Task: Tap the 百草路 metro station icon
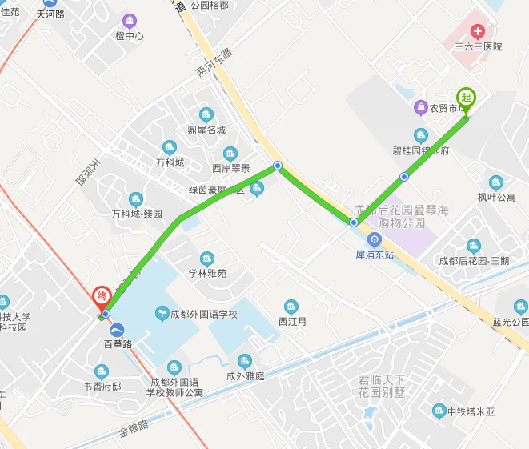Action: pyautogui.click(x=118, y=329)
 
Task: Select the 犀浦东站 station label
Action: pyautogui.click(x=375, y=255)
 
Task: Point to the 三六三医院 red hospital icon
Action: pyautogui.click(x=478, y=32)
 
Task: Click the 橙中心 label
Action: pyautogui.click(x=130, y=36)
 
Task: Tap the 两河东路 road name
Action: pyautogui.click(x=214, y=64)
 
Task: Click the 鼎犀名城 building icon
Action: pyautogui.click(x=206, y=114)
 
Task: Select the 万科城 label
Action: pyautogui.click(x=170, y=162)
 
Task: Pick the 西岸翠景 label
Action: pyautogui.click(x=230, y=168)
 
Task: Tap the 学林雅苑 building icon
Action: pyautogui.click(x=207, y=259)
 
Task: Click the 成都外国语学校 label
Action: pyautogui.click(x=203, y=314)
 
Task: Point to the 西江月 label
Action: pyautogui.click(x=292, y=322)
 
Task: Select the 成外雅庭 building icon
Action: pyautogui.click(x=245, y=360)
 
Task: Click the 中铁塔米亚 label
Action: pyautogui.click(x=471, y=412)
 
